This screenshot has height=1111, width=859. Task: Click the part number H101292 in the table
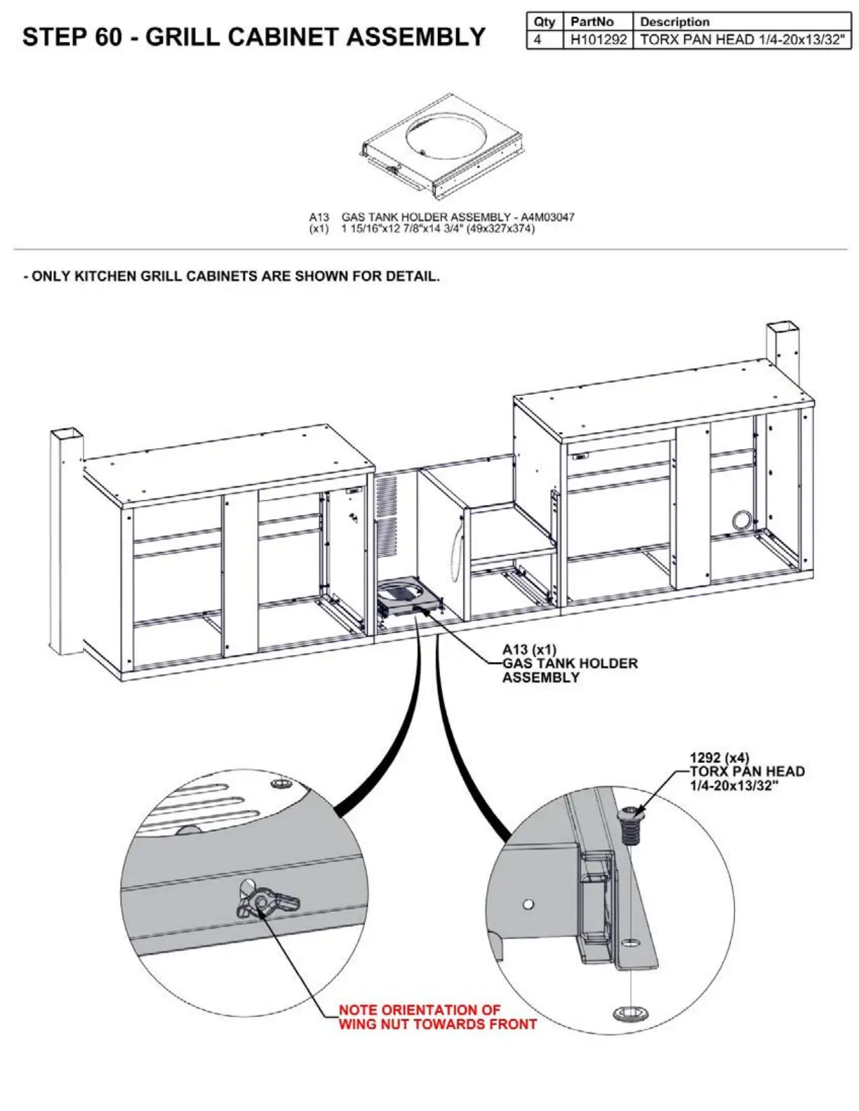(x=598, y=40)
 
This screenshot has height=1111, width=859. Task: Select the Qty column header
(x=544, y=22)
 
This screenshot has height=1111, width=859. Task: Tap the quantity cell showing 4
(x=538, y=40)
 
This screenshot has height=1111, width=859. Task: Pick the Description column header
(x=674, y=22)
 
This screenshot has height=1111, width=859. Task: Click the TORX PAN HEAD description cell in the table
(x=742, y=40)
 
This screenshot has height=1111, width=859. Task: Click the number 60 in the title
(x=109, y=36)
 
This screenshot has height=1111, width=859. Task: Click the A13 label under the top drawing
(x=319, y=217)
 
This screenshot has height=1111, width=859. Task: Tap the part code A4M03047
(x=547, y=217)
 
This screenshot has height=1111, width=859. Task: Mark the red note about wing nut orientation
(x=437, y=1017)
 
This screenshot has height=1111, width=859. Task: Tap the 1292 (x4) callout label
(x=719, y=757)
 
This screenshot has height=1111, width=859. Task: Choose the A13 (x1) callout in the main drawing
(x=528, y=650)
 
